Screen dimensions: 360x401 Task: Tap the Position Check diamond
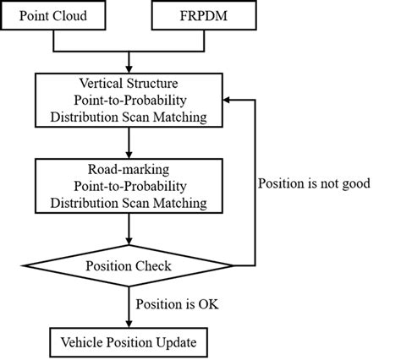click(x=129, y=266)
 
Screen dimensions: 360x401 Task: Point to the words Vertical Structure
click(x=129, y=85)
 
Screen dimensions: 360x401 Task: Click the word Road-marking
click(x=129, y=168)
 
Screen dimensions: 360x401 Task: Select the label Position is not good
click(x=312, y=183)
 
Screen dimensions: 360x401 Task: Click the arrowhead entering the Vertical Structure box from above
click(x=129, y=68)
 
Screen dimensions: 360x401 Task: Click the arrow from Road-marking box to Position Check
click(x=129, y=230)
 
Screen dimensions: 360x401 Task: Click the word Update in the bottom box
click(x=176, y=343)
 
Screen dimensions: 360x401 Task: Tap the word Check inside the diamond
click(x=153, y=266)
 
